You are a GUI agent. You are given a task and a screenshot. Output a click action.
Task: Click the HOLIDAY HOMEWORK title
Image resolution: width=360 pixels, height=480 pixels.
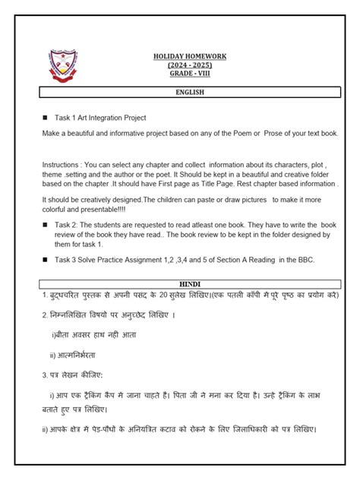(x=189, y=57)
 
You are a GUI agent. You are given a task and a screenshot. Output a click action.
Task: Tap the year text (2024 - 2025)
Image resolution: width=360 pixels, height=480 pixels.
(x=189, y=65)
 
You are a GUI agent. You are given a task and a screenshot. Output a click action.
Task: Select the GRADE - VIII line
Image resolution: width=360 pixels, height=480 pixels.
(x=189, y=74)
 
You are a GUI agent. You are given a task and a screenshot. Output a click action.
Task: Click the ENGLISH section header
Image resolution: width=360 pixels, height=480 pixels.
(x=189, y=92)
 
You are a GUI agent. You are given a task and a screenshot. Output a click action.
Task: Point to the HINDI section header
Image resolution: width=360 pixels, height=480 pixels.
(x=189, y=283)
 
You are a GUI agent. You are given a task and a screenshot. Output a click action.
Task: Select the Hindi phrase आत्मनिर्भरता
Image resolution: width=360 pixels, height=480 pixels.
(x=74, y=355)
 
